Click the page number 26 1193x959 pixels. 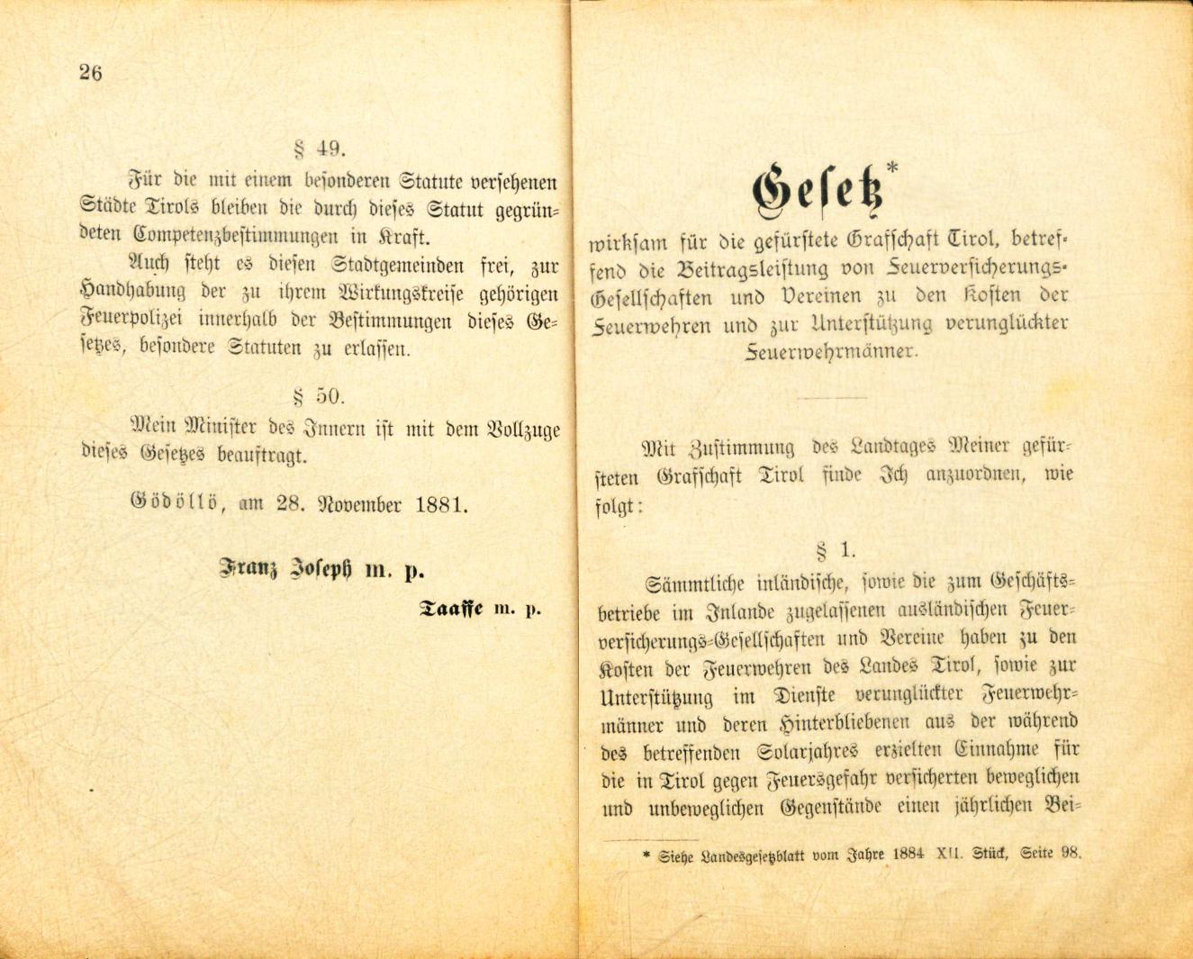coord(90,73)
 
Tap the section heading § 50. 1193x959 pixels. coord(321,395)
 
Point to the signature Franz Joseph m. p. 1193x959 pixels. coord(321,570)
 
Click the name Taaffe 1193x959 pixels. coord(453,609)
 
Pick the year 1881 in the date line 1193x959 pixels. coord(442,504)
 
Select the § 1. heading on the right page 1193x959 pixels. coord(835,549)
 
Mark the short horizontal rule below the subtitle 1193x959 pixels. coord(833,397)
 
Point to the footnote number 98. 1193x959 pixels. coord(1069,853)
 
